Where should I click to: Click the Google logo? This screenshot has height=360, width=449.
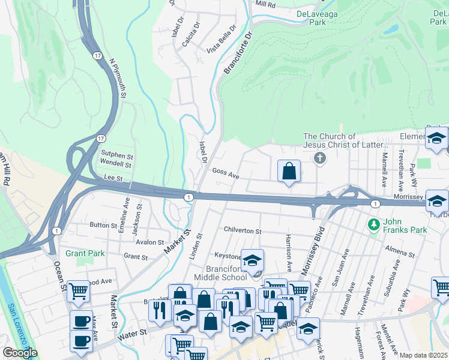(20, 353)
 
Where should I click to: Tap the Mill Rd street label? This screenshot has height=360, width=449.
(265, 4)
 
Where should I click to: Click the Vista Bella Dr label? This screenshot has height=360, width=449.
(221, 40)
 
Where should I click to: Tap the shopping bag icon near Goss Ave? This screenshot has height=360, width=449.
(289, 171)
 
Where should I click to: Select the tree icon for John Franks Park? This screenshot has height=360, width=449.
(374, 224)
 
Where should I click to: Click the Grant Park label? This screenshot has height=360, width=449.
(85, 254)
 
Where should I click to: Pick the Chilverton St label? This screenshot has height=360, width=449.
(243, 231)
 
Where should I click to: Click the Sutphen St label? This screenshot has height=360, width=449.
(116, 154)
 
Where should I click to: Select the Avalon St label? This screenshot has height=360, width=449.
(150, 242)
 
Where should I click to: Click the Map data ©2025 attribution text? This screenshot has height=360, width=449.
(423, 355)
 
